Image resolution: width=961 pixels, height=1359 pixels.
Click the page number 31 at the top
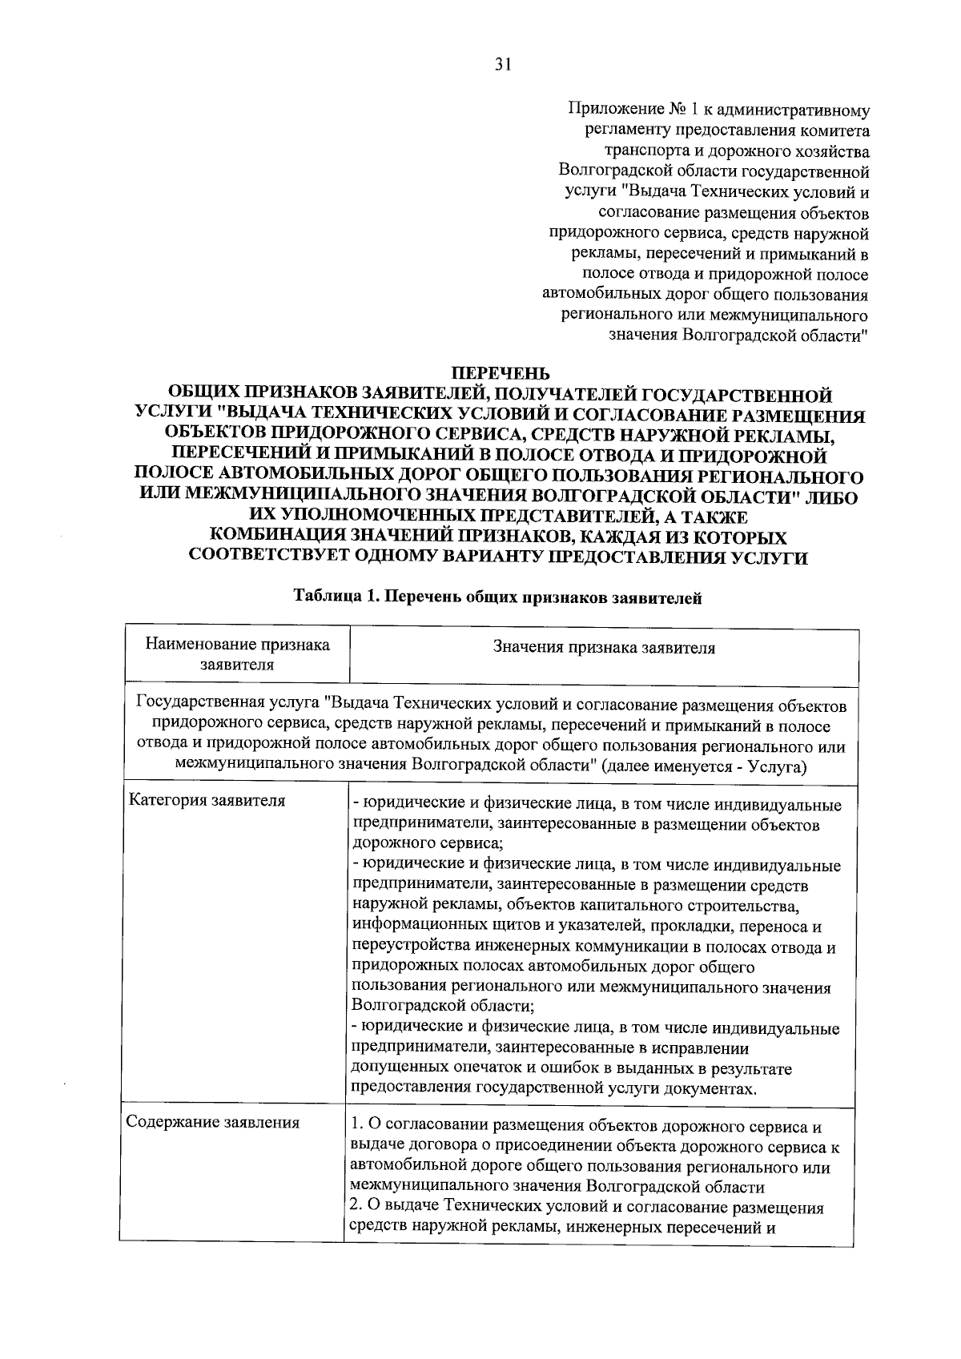point(502,66)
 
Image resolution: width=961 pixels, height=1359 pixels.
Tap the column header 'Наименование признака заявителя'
point(237,654)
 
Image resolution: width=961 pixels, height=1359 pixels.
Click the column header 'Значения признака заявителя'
point(604,648)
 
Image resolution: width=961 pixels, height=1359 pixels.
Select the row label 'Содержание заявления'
point(213,1122)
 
